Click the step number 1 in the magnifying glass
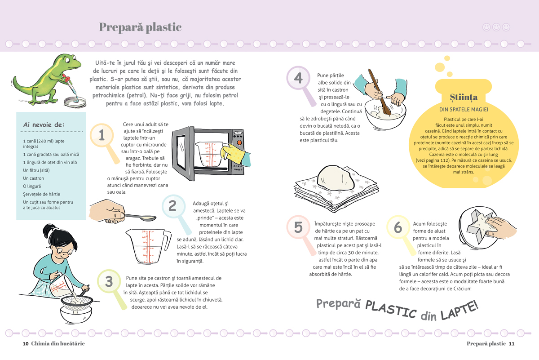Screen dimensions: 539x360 [102, 135]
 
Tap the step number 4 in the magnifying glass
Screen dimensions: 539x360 [298, 78]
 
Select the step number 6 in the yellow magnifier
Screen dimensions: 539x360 [398, 227]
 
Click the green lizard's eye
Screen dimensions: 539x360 [74, 58]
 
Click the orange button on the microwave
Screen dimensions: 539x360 [239, 142]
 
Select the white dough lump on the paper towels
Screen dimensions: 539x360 [336, 178]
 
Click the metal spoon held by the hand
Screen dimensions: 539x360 [140, 217]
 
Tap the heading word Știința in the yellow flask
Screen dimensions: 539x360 [464, 97]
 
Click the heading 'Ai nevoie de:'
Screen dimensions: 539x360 [44, 125]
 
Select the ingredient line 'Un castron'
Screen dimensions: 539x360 [33, 178]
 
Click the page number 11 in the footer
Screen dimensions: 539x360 [512, 344]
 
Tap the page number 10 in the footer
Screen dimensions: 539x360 [26, 344]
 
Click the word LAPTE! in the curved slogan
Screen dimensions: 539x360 [459, 311]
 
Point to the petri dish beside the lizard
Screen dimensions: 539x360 [75, 102]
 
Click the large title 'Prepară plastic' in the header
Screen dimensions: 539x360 [140, 27]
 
